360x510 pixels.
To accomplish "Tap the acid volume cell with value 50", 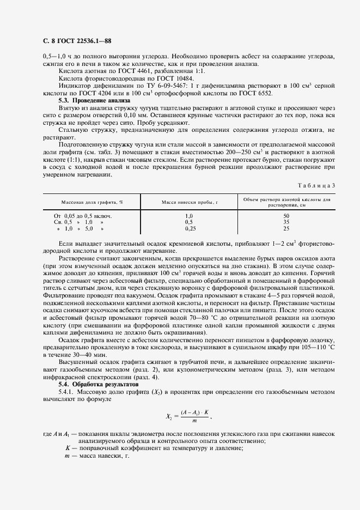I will click(286, 216).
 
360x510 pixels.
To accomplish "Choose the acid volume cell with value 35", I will click(286, 222).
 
